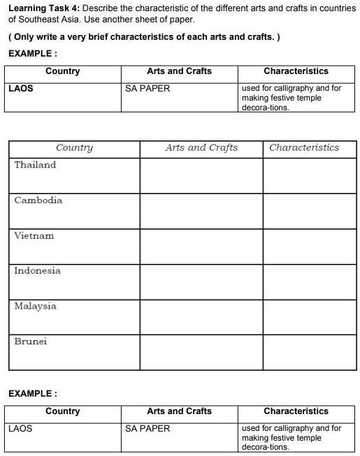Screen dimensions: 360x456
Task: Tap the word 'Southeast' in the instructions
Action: pos(37,20)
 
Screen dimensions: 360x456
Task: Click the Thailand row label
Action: pos(35,165)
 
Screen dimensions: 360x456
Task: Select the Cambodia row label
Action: pos(38,200)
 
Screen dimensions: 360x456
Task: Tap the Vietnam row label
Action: pos(34,235)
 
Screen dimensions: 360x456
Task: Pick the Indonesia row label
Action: pos(38,271)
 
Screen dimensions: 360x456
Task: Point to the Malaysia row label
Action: pos(36,306)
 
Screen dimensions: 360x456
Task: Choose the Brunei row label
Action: pos(31,341)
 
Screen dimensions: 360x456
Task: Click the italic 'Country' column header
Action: pos(74,147)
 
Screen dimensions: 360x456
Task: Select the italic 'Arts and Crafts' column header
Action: pos(201,147)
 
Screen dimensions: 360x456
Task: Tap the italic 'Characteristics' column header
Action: pos(304,147)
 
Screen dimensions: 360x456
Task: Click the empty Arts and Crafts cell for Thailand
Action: pos(201,175)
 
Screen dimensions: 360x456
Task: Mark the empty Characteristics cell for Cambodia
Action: pos(309,210)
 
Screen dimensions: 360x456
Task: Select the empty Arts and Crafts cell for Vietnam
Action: pos(201,246)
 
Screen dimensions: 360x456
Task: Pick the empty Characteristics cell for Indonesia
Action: pos(309,281)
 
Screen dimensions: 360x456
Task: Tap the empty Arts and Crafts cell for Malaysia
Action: pos(201,316)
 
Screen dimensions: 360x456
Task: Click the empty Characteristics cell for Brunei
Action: pos(309,352)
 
